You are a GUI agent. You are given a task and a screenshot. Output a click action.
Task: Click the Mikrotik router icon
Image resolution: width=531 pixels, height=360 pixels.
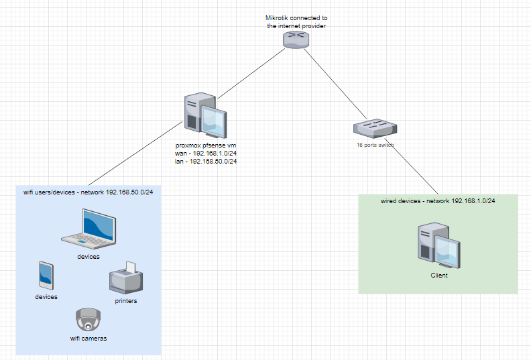click(296, 39)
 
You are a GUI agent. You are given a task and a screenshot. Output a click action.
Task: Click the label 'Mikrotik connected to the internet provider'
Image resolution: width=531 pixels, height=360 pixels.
click(296, 21)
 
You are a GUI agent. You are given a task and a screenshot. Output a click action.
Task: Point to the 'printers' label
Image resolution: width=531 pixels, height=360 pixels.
click(125, 301)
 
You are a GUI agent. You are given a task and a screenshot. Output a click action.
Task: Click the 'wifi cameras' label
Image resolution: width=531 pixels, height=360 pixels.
click(88, 339)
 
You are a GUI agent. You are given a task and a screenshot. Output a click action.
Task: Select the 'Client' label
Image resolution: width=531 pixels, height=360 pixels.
click(438, 276)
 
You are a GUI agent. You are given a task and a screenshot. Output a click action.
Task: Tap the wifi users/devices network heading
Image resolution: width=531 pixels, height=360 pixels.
click(88, 192)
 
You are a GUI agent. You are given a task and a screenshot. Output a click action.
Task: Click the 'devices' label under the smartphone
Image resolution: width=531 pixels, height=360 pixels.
click(46, 296)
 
